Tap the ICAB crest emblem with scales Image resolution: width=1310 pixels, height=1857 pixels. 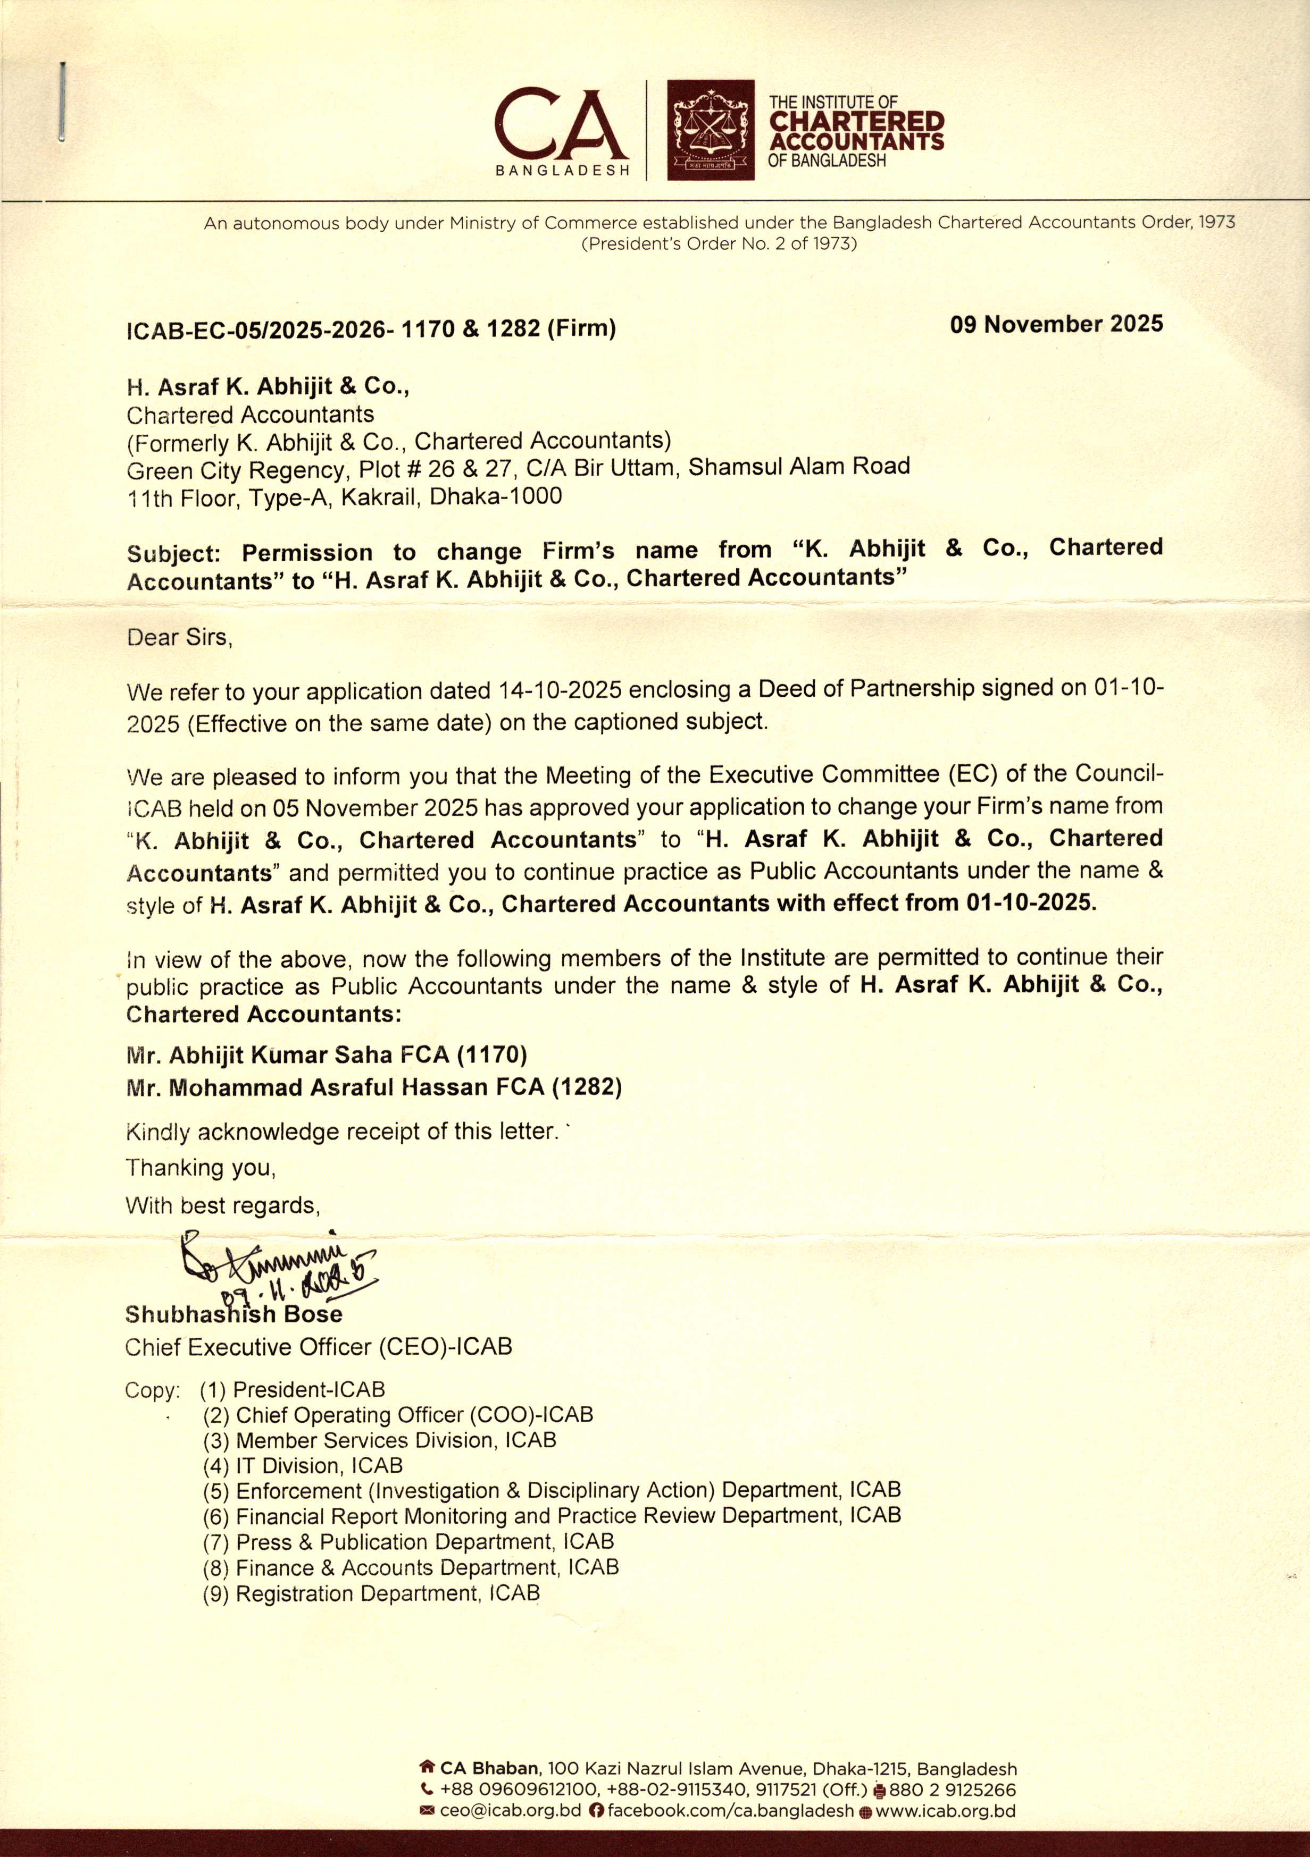click(711, 129)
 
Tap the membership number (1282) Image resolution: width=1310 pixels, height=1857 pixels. click(587, 1087)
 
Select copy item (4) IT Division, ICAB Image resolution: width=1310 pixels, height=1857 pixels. click(303, 1465)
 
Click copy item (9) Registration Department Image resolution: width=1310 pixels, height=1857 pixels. click(371, 1593)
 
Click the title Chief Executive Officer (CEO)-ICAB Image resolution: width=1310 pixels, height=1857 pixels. click(318, 1347)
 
